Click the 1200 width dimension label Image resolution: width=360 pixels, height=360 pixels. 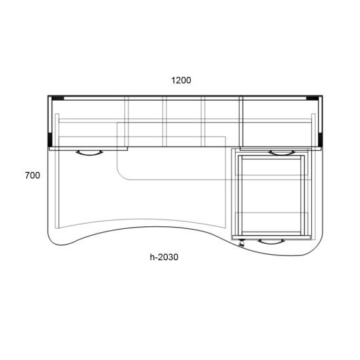coord(181,80)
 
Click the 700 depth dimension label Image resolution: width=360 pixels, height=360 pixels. coord(33,175)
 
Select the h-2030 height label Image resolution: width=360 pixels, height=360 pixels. coord(164,257)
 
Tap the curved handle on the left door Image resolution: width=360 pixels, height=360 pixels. coord(89,153)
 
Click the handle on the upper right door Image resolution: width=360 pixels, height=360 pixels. coord(281,153)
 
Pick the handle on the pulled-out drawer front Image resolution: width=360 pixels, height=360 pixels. coord(271,242)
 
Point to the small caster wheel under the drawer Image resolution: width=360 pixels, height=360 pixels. coord(241,243)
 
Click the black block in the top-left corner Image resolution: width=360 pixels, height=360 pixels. coord(58,98)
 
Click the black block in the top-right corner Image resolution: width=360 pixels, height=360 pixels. coord(312,98)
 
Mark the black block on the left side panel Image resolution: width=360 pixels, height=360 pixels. coord(50,140)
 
